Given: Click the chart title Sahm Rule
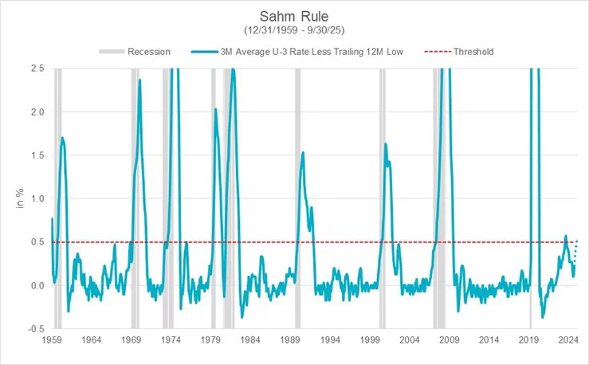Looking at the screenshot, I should pyautogui.click(x=294, y=16).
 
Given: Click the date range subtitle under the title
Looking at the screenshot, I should pyautogui.click(x=294, y=30).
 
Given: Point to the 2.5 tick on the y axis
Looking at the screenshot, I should pyautogui.click(x=36, y=69).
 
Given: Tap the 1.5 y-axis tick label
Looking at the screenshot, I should pyautogui.click(x=36, y=155).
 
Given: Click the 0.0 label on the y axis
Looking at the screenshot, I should pyautogui.click(x=36, y=285).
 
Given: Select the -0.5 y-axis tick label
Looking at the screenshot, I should pyautogui.click(x=34, y=328).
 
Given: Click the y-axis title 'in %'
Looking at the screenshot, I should pyautogui.click(x=18, y=198).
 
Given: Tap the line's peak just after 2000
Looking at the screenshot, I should pyautogui.click(x=386, y=143).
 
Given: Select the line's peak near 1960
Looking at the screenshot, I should pyautogui.click(x=62, y=138).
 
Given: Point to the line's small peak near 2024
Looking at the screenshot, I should pyautogui.click(x=565, y=236).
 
